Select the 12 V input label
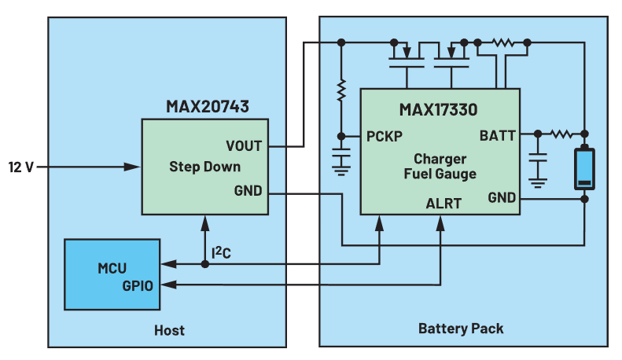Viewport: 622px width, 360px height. [20, 167]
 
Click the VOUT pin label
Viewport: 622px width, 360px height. [244, 146]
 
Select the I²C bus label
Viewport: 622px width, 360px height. [223, 253]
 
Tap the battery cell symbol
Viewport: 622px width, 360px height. [584, 168]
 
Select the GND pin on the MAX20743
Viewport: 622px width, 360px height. [248, 191]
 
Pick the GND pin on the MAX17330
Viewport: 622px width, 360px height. [501, 197]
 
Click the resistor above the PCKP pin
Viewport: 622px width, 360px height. [341, 92]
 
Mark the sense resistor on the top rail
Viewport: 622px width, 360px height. [501, 42]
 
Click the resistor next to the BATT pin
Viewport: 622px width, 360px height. [561, 134]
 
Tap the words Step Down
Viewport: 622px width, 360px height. [204, 167]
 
